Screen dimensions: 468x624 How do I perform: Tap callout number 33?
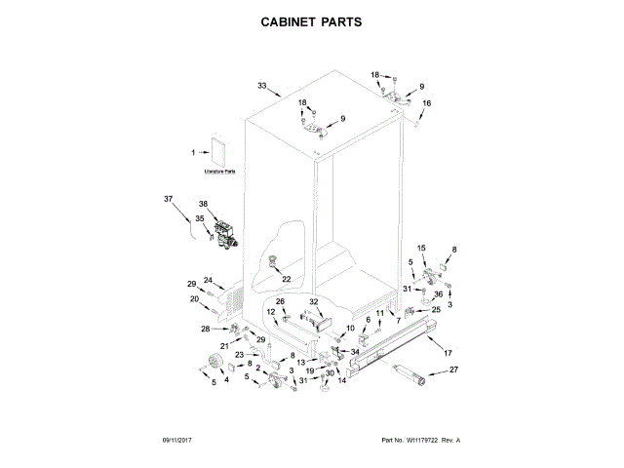(261, 86)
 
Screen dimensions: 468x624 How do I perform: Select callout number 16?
(425, 102)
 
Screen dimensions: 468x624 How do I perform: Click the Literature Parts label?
(220, 172)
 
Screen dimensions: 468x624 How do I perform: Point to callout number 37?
(168, 199)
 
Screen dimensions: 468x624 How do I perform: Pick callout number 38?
(204, 204)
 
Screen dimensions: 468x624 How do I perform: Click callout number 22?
(287, 279)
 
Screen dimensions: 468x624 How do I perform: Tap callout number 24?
(208, 281)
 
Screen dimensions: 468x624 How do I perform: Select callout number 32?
(314, 302)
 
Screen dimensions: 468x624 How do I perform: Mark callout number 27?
(452, 370)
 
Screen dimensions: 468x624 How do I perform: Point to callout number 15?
(422, 248)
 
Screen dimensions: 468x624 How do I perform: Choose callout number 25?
(436, 310)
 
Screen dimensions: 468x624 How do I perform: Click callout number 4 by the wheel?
(227, 380)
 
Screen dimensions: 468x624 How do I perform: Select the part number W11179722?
(421, 441)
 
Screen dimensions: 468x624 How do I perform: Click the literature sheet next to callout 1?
(217, 151)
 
